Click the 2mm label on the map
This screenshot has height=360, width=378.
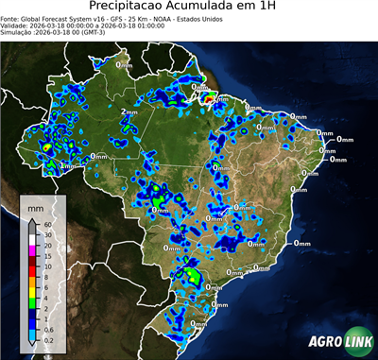coord(129,112)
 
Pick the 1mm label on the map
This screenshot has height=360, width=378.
coord(67,166)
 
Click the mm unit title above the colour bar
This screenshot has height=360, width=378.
coord(36,205)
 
